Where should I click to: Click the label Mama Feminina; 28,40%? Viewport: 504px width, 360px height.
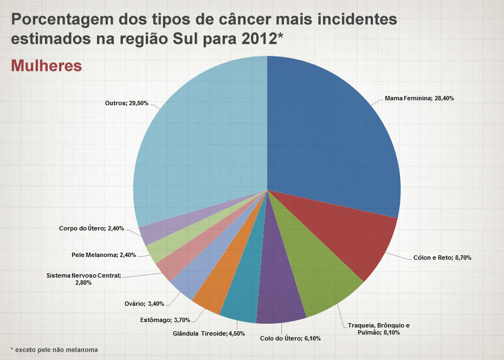(419, 99)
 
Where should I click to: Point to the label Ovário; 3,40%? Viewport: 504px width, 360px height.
(144, 303)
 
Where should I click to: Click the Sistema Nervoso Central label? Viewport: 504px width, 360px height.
(84, 279)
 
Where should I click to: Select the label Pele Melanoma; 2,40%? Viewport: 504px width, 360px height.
(104, 255)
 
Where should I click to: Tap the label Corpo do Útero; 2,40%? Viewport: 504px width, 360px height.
(92, 228)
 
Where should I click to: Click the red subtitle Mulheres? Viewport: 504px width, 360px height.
(46, 66)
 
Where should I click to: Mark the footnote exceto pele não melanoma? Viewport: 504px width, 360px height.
(54, 349)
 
